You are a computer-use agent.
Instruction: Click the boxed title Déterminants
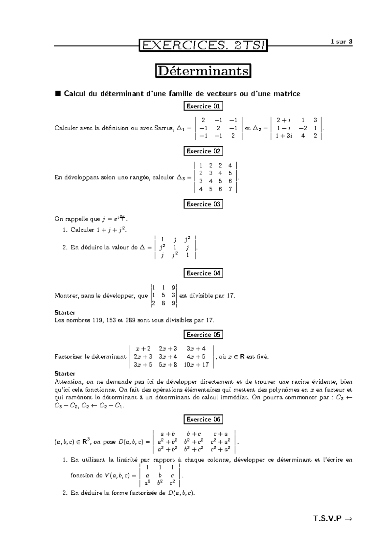point(203,71)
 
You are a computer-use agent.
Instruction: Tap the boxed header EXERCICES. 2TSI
point(203,45)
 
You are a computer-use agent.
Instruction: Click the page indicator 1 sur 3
point(341,42)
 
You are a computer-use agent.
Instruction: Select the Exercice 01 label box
point(203,106)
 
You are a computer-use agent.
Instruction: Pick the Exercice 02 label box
point(203,151)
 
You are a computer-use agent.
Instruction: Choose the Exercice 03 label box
point(203,204)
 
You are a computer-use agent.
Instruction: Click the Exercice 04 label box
point(203,273)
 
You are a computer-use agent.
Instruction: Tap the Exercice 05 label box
point(203,335)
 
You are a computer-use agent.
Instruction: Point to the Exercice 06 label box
point(203,419)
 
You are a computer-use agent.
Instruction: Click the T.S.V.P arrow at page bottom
point(348,518)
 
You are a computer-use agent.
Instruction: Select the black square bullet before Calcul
point(58,94)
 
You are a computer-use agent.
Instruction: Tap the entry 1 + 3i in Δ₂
point(284,136)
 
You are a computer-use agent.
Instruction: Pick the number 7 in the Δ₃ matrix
point(230,189)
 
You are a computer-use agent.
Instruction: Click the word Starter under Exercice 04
point(65,313)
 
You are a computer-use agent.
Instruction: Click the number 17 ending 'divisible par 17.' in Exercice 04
point(230,296)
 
